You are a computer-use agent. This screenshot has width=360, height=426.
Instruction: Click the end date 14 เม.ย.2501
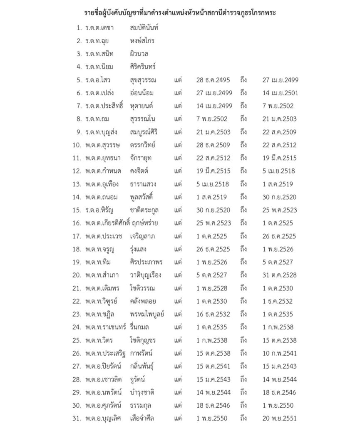click(x=280, y=93)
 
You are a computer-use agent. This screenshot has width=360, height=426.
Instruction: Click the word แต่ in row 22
click(x=179, y=301)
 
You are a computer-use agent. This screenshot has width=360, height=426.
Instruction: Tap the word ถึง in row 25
click(x=244, y=340)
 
